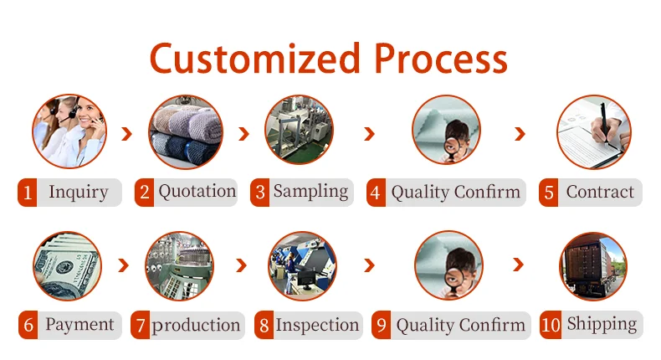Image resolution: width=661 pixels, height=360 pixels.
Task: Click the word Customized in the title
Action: click(x=254, y=59)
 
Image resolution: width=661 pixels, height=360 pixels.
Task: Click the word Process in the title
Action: click(x=441, y=59)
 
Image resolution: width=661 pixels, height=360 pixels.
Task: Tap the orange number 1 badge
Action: click(x=28, y=193)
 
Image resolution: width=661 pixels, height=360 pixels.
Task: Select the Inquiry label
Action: click(x=79, y=193)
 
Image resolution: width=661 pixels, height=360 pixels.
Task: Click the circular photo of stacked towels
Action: click(x=186, y=131)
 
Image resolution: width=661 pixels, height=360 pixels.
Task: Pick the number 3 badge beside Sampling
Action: click(x=259, y=193)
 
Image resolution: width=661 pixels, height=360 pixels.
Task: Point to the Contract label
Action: click(x=600, y=192)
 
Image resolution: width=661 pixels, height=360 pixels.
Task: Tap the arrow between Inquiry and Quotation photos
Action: click(x=126, y=134)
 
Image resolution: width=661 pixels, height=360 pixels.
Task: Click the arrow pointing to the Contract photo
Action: click(x=520, y=134)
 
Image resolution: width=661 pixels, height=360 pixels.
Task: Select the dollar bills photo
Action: click(x=68, y=266)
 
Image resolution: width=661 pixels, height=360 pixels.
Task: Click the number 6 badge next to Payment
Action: click(x=28, y=325)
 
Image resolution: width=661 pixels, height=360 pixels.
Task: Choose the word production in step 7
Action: click(x=196, y=326)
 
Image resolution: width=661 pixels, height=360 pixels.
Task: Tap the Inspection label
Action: click(x=317, y=325)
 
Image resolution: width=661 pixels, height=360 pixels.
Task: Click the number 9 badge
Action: click(x=381, y=325)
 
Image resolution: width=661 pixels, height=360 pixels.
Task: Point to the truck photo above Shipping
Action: click(x=593, y=266)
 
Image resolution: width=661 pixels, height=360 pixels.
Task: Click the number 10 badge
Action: click(x=551, y=325)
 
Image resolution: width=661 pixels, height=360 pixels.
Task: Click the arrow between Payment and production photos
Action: click(x=124, y=265)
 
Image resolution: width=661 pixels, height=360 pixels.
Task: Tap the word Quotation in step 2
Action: click(x=197, y=192)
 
